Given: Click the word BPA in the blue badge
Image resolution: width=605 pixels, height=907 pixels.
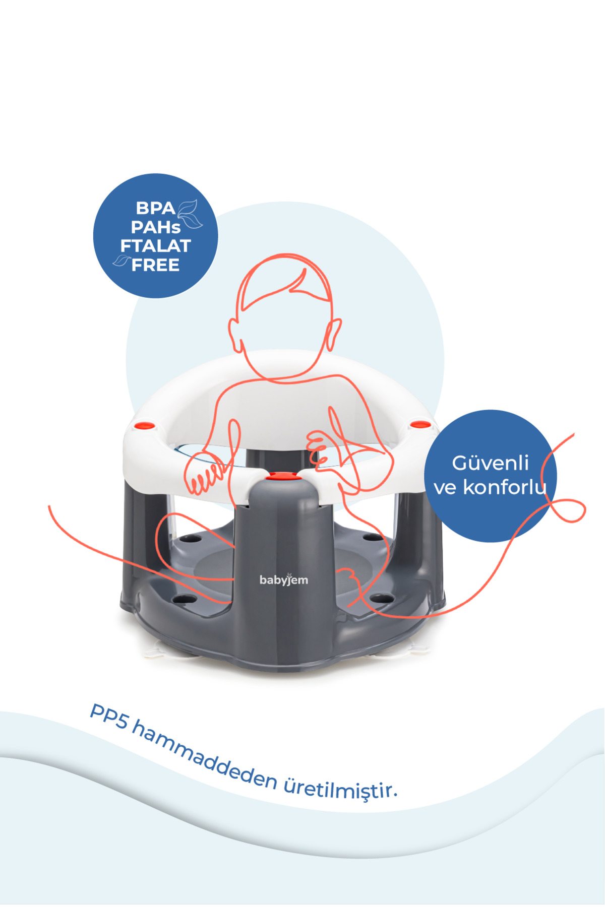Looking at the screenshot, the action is click(x=155, y=208).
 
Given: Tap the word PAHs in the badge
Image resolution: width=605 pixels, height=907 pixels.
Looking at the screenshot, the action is click(x=155, y=227).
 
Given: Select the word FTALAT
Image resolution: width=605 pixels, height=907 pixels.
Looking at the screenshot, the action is click(x=155, y=246).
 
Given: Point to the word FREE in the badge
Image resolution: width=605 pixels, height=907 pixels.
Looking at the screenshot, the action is click(x=155, y=265).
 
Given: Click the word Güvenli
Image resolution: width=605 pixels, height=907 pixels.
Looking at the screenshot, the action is click(x=490, y=463).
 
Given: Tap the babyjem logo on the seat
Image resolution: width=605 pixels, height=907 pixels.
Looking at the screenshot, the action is click(x=284, y=579).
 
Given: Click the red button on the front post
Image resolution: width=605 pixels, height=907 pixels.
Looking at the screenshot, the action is click(x=283, y=476).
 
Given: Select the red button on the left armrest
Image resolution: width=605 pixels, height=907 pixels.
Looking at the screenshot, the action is click(x=145, y=426).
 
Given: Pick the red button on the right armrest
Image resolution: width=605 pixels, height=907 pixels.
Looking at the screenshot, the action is click(x=419, y=425).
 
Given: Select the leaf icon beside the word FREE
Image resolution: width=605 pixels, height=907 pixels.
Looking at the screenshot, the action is click(x=122, y=260).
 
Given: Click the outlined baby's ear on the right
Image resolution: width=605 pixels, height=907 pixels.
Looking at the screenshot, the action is click(x=333, y=335).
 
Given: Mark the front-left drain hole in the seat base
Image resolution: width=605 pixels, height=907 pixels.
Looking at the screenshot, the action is click(x=185, y=600).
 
